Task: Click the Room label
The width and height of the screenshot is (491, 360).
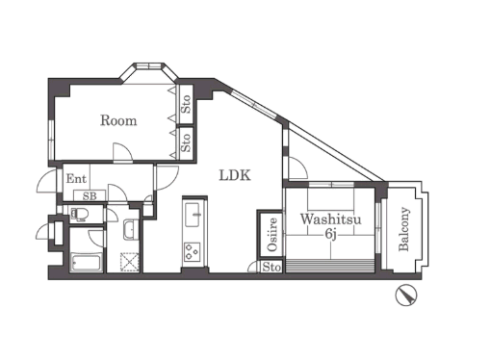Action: [x=118, y=120]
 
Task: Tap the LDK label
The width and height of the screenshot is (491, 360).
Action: [x=235, y=175]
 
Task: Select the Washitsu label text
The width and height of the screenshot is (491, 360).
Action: [x=330, y=219]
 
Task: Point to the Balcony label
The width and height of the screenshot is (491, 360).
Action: [x=403, y=229]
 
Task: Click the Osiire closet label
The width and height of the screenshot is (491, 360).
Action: [x=272, y=234]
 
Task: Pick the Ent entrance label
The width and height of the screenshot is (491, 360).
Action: [x=76, y=178]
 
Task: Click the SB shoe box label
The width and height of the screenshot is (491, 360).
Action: [x=90, y=196]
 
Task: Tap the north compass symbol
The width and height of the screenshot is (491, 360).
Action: [x=406, y=295]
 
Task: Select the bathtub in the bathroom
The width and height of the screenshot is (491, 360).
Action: [x=87, y=263]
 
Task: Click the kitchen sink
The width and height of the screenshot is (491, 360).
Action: [x=192, y=215]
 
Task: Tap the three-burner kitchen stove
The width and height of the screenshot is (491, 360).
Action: [x=193, y=252]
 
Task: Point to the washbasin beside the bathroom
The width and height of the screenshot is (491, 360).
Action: [x=131, y=230]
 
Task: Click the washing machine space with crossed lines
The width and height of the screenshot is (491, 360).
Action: [x=130, y=262]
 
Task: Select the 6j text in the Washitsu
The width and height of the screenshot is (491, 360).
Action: [x=330, y=234]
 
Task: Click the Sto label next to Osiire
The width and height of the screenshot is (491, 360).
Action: [x=271, y=267]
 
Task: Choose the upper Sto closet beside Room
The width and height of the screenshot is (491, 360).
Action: [x=186, y=104]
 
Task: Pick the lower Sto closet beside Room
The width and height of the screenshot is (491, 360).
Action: [x=186, y=143]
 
